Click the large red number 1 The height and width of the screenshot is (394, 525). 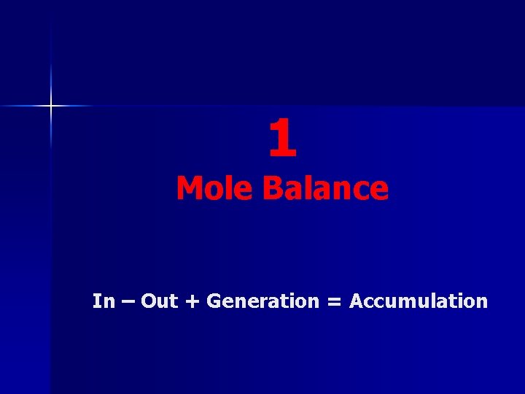pos(282,139)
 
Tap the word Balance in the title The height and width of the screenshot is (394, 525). pos(325,188)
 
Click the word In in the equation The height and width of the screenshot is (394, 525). pos(104,301)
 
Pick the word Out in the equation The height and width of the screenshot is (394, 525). pos(159,301)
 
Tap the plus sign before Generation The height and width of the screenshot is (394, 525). pos(192,301)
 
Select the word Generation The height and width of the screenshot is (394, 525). pos(263,301)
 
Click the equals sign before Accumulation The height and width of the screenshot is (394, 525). pos(334,301)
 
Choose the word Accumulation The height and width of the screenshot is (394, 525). pos(419,301)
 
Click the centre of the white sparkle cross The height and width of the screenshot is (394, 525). pos(51,107)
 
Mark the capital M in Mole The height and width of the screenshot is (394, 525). pos(190,188)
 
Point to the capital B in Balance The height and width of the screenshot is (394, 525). pos(272,188)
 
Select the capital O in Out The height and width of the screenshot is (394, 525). pos(148,301)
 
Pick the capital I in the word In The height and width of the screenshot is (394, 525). pos(96,301)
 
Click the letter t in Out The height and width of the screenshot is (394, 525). pos(174,301)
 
